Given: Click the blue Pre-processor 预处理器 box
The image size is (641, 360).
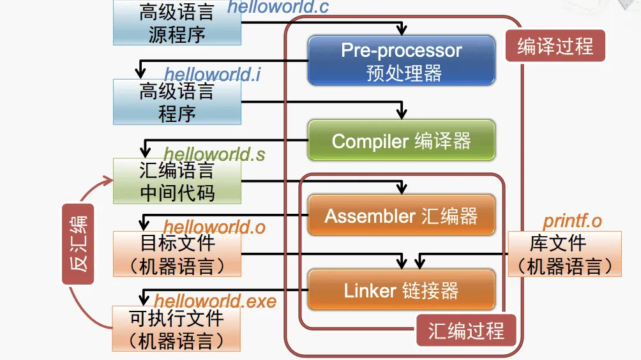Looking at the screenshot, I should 401,61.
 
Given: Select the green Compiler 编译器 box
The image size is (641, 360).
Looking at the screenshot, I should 401,140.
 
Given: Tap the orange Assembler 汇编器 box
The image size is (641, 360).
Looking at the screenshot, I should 401,215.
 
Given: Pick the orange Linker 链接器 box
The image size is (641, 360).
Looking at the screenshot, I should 401,290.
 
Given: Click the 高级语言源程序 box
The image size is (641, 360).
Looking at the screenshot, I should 177,23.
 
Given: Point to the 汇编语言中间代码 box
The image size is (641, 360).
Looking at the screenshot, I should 177,181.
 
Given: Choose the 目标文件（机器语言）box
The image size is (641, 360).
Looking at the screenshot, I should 177,254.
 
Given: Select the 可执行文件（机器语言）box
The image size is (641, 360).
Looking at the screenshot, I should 176,329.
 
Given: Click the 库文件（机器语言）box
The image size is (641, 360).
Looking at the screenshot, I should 564,254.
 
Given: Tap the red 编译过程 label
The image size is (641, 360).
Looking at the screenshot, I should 555,47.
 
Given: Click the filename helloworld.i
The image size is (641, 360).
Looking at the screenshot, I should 212,74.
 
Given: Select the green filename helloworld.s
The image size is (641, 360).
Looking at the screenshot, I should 214,154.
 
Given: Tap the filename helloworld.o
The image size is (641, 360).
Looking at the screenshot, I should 214,226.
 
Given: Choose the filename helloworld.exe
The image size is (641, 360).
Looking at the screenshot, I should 215,300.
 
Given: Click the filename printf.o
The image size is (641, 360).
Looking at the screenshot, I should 572,221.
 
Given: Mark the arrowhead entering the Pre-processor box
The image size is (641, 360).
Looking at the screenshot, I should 401,30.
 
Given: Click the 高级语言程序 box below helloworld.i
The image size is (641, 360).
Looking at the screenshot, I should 177,102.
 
